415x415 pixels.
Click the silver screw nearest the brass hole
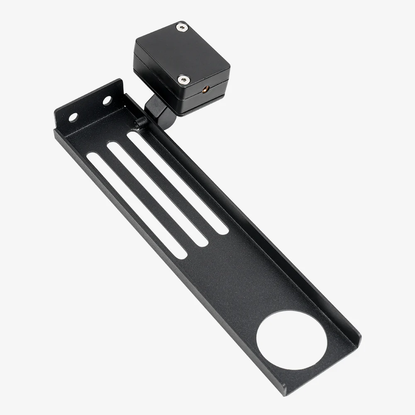(x=183, y=79)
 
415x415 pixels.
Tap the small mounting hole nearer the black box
(x=107, y=100)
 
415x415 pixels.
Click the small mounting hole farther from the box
(x=73, y=117)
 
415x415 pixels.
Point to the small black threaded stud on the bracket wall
(x=141, y=121)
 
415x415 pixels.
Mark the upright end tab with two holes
(x=89, y=106)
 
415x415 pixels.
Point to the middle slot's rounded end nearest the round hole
(x=203, y=242)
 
